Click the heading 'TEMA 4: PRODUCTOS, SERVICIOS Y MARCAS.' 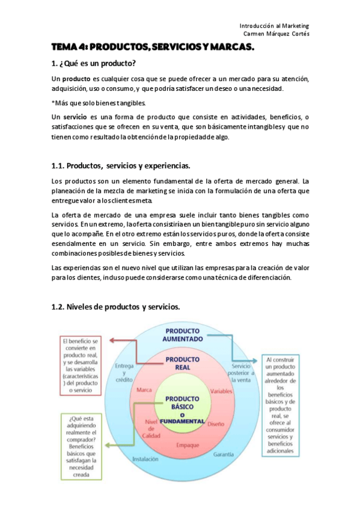[153, 47]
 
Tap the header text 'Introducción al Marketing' [274, 26]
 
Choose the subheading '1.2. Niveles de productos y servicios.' [116, 307]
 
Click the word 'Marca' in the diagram [144, 390]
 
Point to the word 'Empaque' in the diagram [188, 445]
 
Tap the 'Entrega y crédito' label [124, 373]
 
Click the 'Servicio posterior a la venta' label [243, 373]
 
